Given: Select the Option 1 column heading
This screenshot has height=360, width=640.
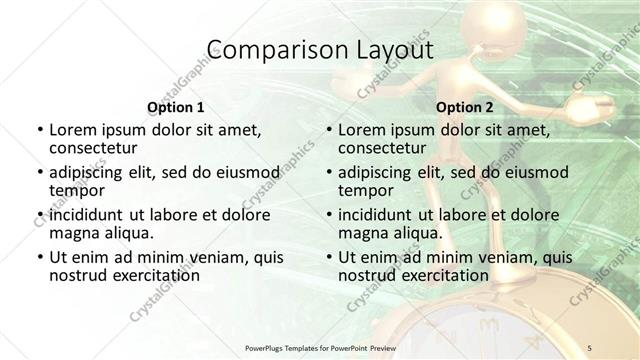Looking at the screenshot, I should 175,106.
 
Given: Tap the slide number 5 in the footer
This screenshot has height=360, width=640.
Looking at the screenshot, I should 591,347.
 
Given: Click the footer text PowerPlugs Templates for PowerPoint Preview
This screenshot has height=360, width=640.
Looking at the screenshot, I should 320,347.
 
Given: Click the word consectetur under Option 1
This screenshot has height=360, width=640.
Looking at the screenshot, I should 93,147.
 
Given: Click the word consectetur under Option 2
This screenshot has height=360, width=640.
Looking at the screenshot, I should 382,147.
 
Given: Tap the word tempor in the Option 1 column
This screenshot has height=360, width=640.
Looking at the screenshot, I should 75,190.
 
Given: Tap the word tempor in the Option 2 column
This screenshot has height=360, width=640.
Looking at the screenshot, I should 364,190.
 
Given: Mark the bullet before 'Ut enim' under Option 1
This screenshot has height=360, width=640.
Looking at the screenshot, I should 39,258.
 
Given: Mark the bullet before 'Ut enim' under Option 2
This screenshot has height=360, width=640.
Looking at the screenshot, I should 329,258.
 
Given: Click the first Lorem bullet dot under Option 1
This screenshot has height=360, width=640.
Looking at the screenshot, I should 39,130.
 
